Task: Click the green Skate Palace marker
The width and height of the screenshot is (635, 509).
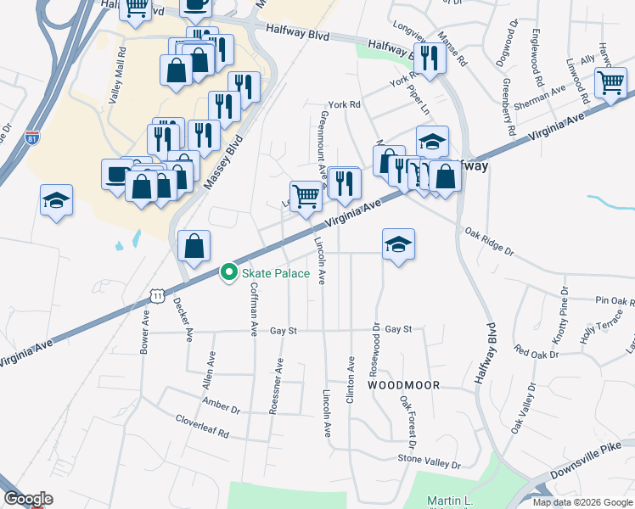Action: tap(228, 272)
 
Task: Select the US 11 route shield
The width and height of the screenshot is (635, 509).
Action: tap(158, 294)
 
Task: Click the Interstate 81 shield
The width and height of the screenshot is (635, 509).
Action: tap(32, 137)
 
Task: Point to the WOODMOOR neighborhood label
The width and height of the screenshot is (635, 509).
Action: tap(404, 385)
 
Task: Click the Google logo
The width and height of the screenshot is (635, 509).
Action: tap(28, 499)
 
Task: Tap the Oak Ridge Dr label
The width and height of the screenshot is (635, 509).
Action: tap(489, 241)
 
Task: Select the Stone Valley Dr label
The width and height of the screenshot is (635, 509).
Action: tap(429, 461)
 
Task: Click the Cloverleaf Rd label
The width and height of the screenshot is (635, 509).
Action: tap(202, 425)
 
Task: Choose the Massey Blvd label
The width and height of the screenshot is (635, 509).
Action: tap(222, 161)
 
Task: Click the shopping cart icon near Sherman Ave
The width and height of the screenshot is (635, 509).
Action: tap(610, 84)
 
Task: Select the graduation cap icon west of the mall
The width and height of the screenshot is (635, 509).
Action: tap(56, 201)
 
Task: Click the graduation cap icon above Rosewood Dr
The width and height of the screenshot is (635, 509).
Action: tap(398, 244)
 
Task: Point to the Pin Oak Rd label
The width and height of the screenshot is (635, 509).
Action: tap(615, 301)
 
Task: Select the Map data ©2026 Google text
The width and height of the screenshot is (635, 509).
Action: tap(582, 502)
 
